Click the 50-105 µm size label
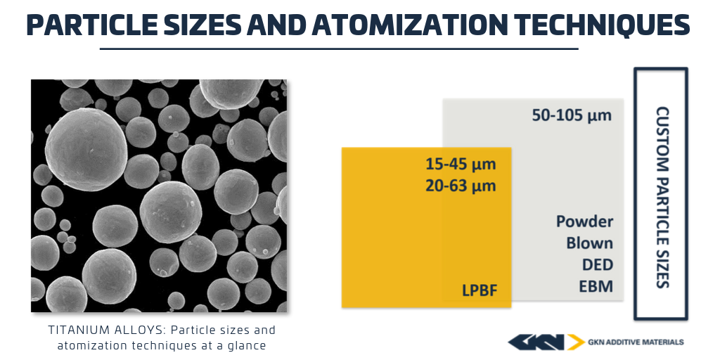point(572,115)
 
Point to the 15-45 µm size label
point(461,164)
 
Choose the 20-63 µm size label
point(461,186)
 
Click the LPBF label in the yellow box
point(480,290)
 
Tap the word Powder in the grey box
point(584,221)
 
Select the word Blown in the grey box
point(590,243)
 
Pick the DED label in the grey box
point(598,265)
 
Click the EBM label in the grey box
point(596,287)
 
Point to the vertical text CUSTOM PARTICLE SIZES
point(662,198)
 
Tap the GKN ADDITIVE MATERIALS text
point(636,342)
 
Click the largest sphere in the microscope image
point(86,149)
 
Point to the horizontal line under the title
point(339,49)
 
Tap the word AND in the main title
point(276,25)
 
